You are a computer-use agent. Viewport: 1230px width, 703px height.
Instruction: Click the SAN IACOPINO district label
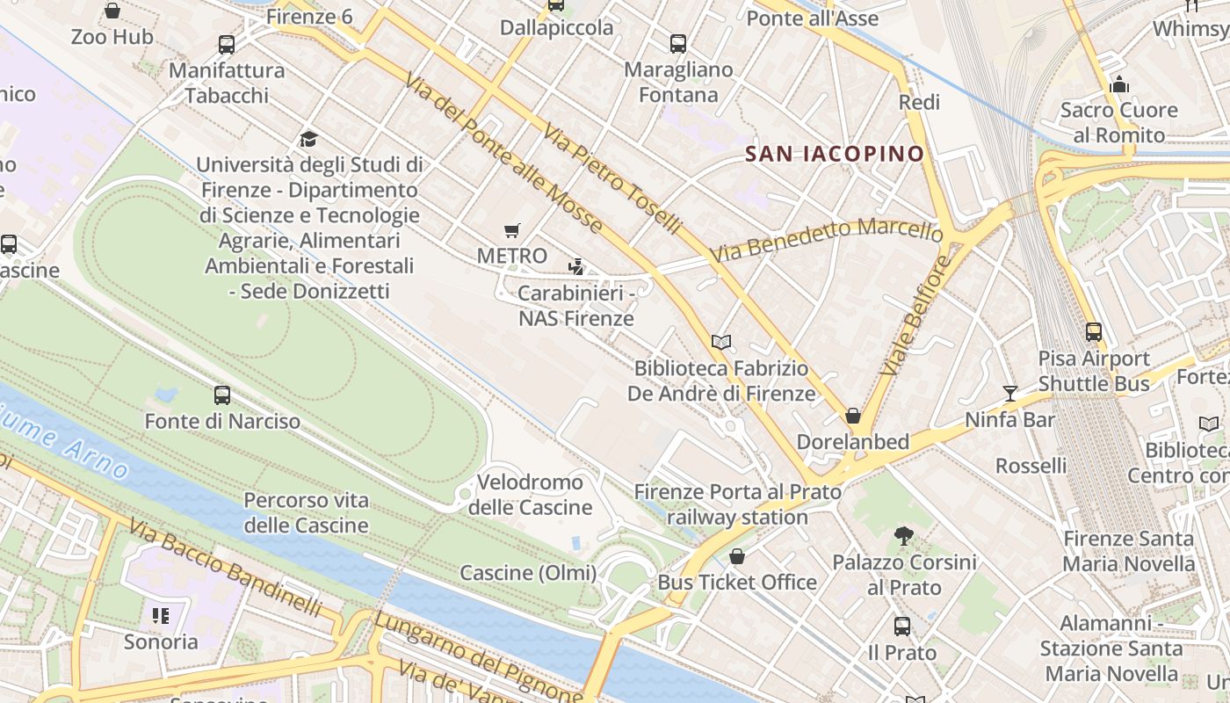tap(835, 155)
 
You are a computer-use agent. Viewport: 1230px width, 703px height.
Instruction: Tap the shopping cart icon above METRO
tap(512, 231)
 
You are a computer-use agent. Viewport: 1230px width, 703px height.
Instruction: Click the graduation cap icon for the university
tap(308, 139)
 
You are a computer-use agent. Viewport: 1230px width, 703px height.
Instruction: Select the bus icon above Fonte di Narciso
tap(222, 395)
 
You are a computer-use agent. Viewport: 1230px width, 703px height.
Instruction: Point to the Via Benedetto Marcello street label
tap(826, 240)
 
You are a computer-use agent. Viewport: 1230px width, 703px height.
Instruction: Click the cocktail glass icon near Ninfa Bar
tap(1010, 394)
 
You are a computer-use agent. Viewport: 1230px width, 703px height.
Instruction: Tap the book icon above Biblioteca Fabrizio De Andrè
tap(721, 342)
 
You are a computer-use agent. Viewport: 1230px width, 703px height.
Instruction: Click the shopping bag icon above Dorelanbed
tap(852, 416)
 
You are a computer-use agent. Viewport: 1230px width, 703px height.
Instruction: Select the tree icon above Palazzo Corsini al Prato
tap(903, 535)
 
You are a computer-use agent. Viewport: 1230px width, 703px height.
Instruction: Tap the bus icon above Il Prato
tap(902, 627)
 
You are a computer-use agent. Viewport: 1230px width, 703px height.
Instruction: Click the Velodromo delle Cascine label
tap(530, 495)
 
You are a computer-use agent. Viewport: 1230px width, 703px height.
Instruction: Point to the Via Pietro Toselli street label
tap(611, 179)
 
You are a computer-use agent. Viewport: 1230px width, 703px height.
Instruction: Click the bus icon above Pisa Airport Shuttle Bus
tap(1094, 332)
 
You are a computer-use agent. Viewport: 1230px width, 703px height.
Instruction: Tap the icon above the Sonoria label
tap(160, 615)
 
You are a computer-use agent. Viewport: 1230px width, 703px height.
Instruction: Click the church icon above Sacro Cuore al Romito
tap(1119, 84)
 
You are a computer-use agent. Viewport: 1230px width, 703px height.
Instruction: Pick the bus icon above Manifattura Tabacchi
tap(227, 45)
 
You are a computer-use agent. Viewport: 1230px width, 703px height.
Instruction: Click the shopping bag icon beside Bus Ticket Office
tap(737, 556)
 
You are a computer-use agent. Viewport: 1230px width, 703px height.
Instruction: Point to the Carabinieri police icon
tap(576, 266)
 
